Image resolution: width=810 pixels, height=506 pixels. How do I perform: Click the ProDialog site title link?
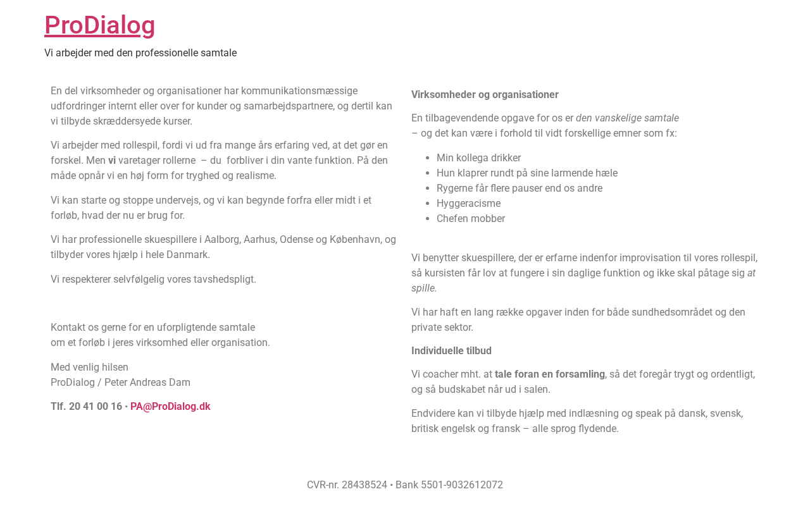99,25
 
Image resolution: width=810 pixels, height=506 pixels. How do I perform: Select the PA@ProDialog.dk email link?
170,407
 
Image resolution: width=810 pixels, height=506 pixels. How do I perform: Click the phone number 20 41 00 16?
95,407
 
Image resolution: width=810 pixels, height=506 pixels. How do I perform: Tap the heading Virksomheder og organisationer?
485,95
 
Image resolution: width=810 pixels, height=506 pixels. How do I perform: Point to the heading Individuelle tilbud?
451,351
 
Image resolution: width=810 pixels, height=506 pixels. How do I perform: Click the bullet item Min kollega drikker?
478,158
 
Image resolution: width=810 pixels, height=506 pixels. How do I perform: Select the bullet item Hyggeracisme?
468,204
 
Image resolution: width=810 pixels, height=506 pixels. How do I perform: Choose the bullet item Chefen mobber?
471,219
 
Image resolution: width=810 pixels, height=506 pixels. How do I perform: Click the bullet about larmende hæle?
527,173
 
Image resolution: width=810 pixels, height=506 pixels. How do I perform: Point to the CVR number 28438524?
364,485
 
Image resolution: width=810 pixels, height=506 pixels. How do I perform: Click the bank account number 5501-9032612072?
462,485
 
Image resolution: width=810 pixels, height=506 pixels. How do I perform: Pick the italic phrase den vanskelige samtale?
627,118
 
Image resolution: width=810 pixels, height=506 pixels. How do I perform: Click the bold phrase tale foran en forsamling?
549,374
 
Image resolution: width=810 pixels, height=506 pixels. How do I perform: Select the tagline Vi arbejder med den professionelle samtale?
140,53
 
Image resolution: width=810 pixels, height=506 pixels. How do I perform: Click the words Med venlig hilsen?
89,367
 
